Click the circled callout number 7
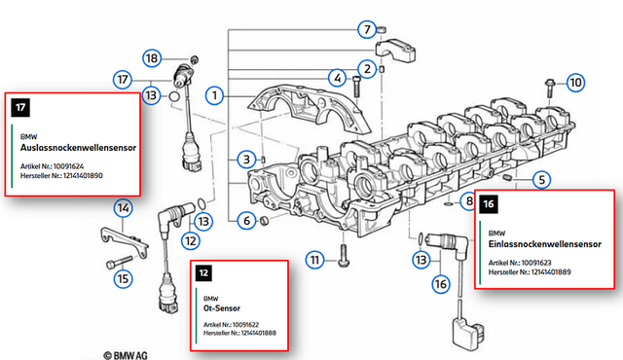coord(367,29)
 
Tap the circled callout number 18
coord(152,58)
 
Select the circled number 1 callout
coord(214,95)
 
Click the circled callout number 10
coord(575,83)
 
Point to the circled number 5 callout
coord(541,180)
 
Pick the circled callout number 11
coord(315,260)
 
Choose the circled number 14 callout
coord(124,208)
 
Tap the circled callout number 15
coord(124,278)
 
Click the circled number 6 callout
coord(246,220)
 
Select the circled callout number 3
coord(246,160)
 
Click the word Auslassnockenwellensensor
coord(78,148)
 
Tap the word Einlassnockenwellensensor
coord(545,244)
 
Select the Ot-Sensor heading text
coord(222,308)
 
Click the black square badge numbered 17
coord(20,107)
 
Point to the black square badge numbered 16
coord(489,204)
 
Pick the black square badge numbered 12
coord(203,273)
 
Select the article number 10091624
coord(68,166)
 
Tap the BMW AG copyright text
coord(126,355)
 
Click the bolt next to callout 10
coord(550,89)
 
